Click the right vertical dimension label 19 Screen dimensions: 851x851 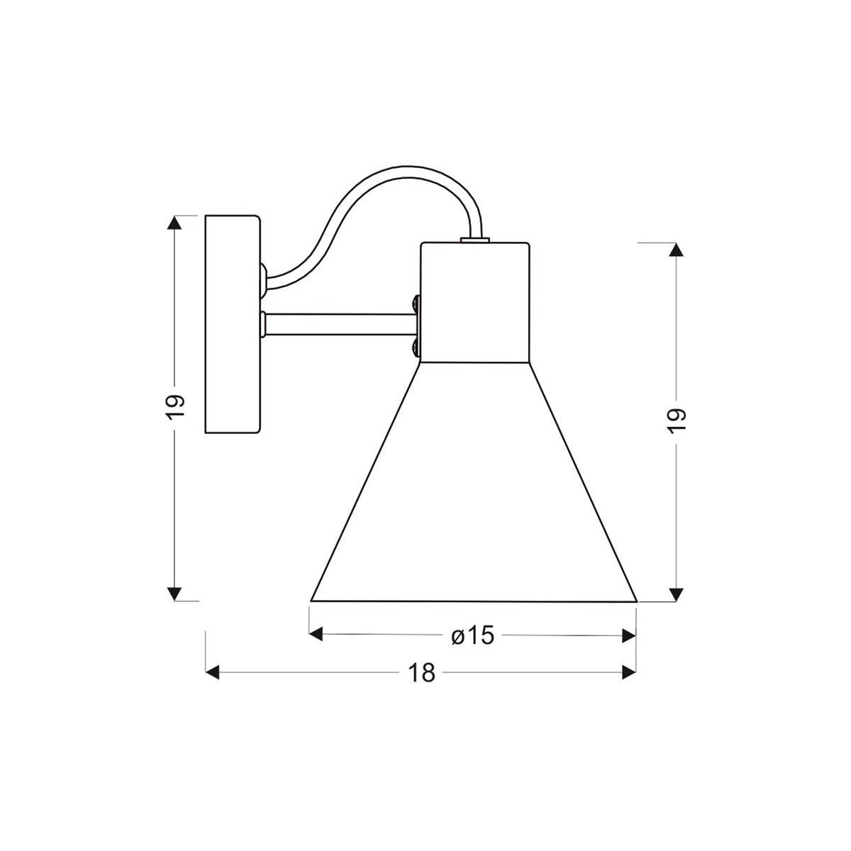pos(677,421)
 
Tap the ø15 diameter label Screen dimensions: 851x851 pos(472,636)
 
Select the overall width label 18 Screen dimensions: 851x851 pos(421,673)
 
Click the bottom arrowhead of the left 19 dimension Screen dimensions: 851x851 pos(175,594)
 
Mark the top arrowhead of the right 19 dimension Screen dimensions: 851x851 pos(677,249)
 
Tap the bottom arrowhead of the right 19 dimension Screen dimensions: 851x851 pos(677,594)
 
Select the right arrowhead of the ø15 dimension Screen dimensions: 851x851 pos(628,635)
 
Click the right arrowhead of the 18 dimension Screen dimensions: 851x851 pos(628,672)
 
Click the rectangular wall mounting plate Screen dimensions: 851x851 pos(233,324)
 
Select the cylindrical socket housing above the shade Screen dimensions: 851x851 pos(474,301)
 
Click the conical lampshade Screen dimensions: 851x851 pos(474,496)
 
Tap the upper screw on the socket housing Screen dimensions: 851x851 pos(416,304)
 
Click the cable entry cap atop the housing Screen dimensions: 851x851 pos(475,240)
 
